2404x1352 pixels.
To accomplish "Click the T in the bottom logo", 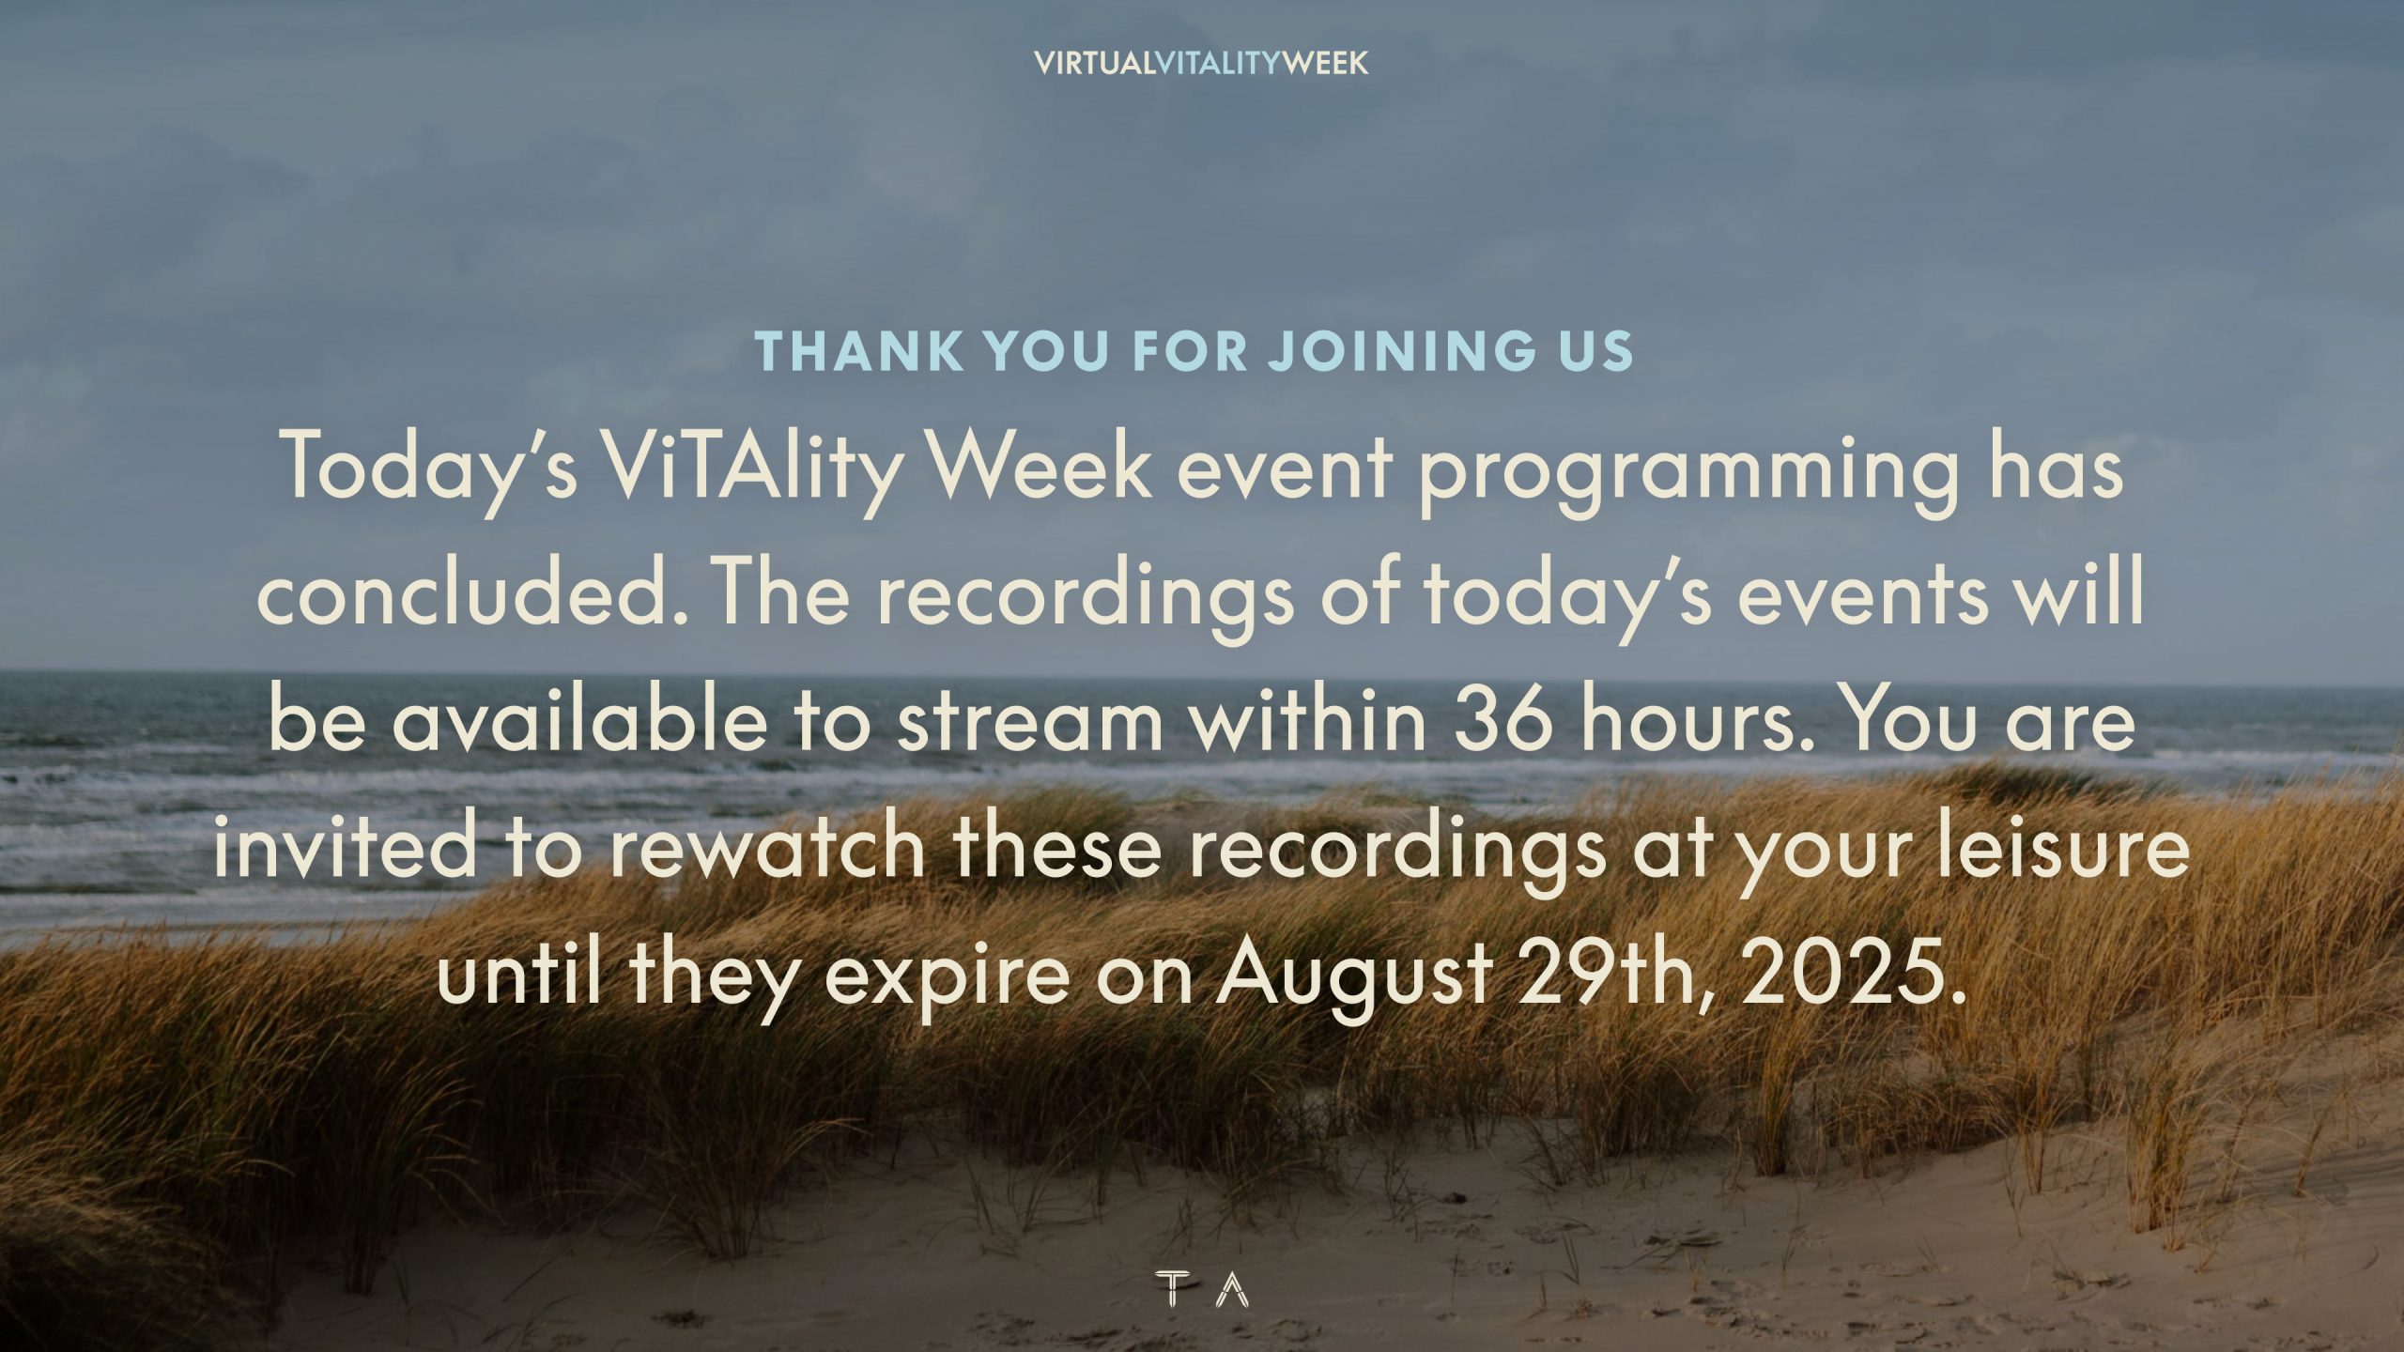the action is coord(1169,1288).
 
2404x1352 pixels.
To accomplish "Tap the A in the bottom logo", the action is coord(1232,1288).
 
